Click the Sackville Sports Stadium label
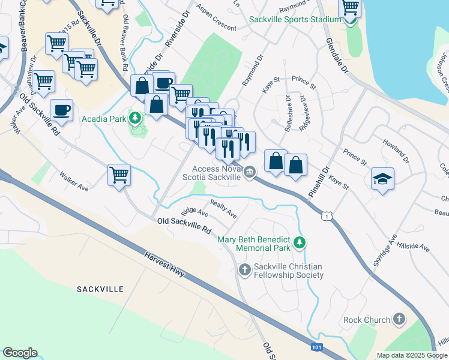click(295, 19)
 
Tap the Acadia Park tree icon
click(136, 118)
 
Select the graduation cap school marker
click(382, 179)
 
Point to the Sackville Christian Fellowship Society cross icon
click(244, 270)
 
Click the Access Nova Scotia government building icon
click(250, 173)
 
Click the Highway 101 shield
click(317, 347)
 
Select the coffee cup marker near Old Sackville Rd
click(61, 110)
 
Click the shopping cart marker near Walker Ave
click(119, 175)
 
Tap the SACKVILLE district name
click(100, 289)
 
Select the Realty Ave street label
click(223, 209)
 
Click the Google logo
click(20, 353)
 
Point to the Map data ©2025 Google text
click(412, 355)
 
